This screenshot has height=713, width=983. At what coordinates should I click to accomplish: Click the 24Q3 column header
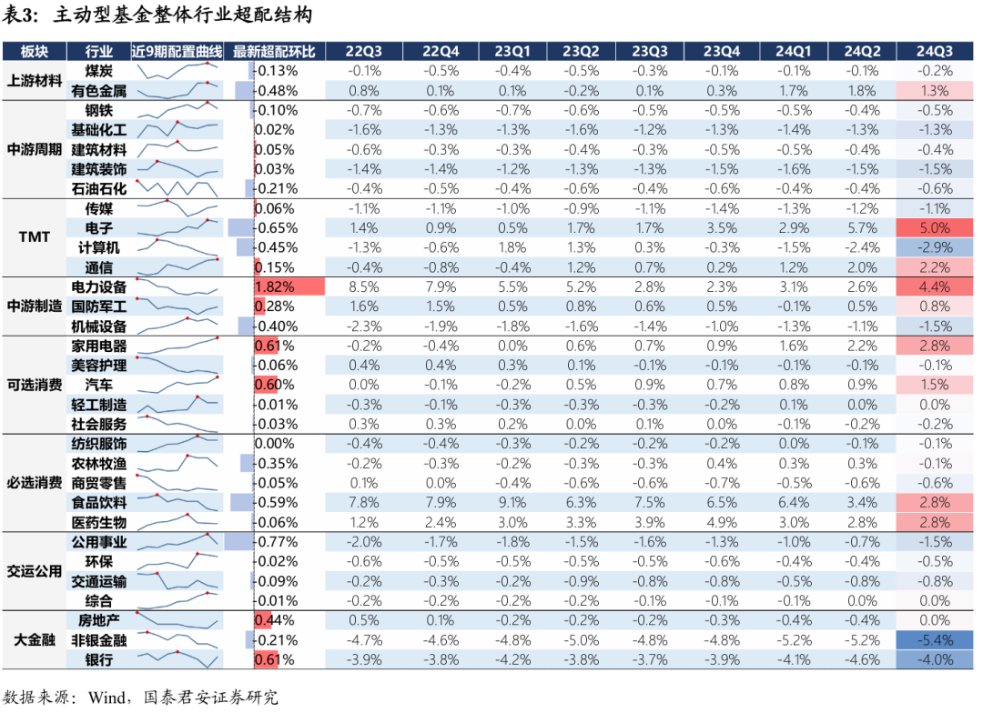[935, 51]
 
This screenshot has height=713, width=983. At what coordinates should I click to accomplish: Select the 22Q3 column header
[365, 51]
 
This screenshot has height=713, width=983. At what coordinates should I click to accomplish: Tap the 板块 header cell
[34, 51]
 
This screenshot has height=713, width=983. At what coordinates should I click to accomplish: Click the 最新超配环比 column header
[274, 51]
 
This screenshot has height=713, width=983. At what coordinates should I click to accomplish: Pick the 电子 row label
[99, 228]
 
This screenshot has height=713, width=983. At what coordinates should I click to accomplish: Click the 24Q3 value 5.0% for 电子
[935, 228]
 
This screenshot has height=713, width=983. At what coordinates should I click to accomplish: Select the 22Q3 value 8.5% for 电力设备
[365, 286]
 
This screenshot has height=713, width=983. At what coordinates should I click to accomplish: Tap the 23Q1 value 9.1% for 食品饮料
[507, 502]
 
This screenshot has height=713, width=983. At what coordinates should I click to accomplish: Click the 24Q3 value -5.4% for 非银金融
[935, 639]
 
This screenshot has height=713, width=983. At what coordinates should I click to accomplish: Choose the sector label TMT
[34, 237]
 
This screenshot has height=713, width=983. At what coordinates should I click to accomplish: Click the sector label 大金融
[34, 639]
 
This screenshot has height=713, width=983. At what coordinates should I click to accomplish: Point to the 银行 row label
[99, 659]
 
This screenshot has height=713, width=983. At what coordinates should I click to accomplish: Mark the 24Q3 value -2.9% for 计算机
[935, 247]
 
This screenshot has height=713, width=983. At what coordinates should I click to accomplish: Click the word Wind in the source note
[107, 698]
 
